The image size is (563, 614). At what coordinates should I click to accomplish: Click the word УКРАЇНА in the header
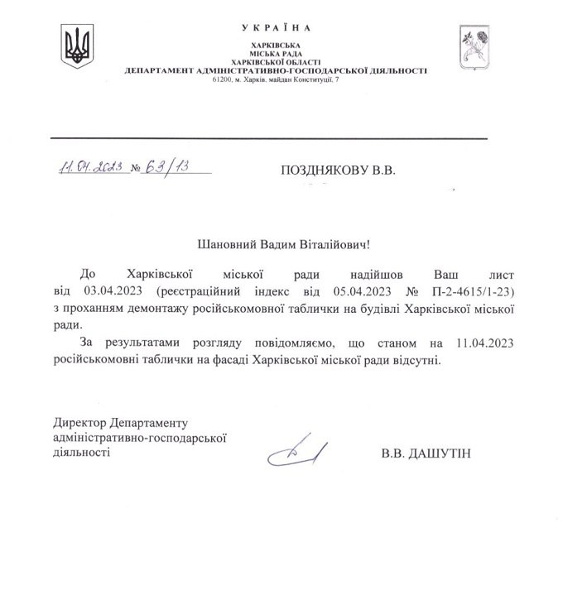point(277,30)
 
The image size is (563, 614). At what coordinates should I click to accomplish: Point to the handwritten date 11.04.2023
point(91,167)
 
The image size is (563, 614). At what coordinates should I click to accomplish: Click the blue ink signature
point(296,450)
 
